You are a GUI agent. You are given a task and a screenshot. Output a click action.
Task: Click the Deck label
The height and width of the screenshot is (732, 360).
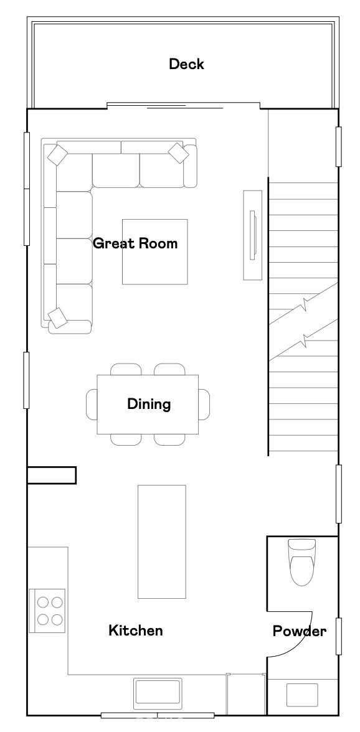point(186,64)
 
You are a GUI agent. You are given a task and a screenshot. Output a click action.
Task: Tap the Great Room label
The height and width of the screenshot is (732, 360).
point(135,243)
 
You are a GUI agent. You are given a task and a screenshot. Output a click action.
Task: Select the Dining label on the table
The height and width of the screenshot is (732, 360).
point(149,405)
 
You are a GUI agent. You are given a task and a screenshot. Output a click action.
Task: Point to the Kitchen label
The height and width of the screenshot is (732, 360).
point(136,631)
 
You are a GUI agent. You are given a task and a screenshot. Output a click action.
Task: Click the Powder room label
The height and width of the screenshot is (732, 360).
point(300,632)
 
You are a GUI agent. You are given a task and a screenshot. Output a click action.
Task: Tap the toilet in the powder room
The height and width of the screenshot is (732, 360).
point(302,562)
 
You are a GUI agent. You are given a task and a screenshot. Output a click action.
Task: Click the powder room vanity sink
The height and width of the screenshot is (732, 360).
point(301,695)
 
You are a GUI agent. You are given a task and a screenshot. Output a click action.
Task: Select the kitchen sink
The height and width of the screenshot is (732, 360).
point(158,693)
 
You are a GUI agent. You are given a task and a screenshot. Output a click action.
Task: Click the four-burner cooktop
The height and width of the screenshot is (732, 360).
point(47,611)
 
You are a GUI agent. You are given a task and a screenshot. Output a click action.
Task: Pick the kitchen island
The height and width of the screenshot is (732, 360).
point(161,542)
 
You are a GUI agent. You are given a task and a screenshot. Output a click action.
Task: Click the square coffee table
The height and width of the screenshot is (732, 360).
point(155,251)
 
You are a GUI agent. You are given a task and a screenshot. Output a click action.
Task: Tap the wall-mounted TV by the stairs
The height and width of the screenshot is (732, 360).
point(253,235)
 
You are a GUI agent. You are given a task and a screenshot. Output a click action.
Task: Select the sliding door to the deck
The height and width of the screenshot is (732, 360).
point(184,106)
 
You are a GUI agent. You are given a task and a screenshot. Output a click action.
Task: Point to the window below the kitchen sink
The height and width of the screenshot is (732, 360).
point(158,715)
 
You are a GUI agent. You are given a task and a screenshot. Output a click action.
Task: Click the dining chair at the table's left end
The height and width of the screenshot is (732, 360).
point(92,405)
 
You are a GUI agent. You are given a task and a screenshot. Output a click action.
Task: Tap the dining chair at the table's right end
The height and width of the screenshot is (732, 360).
point(204,405)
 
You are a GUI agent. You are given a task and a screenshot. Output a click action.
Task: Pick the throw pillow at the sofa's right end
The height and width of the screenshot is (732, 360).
point(178,152)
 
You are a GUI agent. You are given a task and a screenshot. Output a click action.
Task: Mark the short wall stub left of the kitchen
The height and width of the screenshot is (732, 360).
point(51,476)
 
